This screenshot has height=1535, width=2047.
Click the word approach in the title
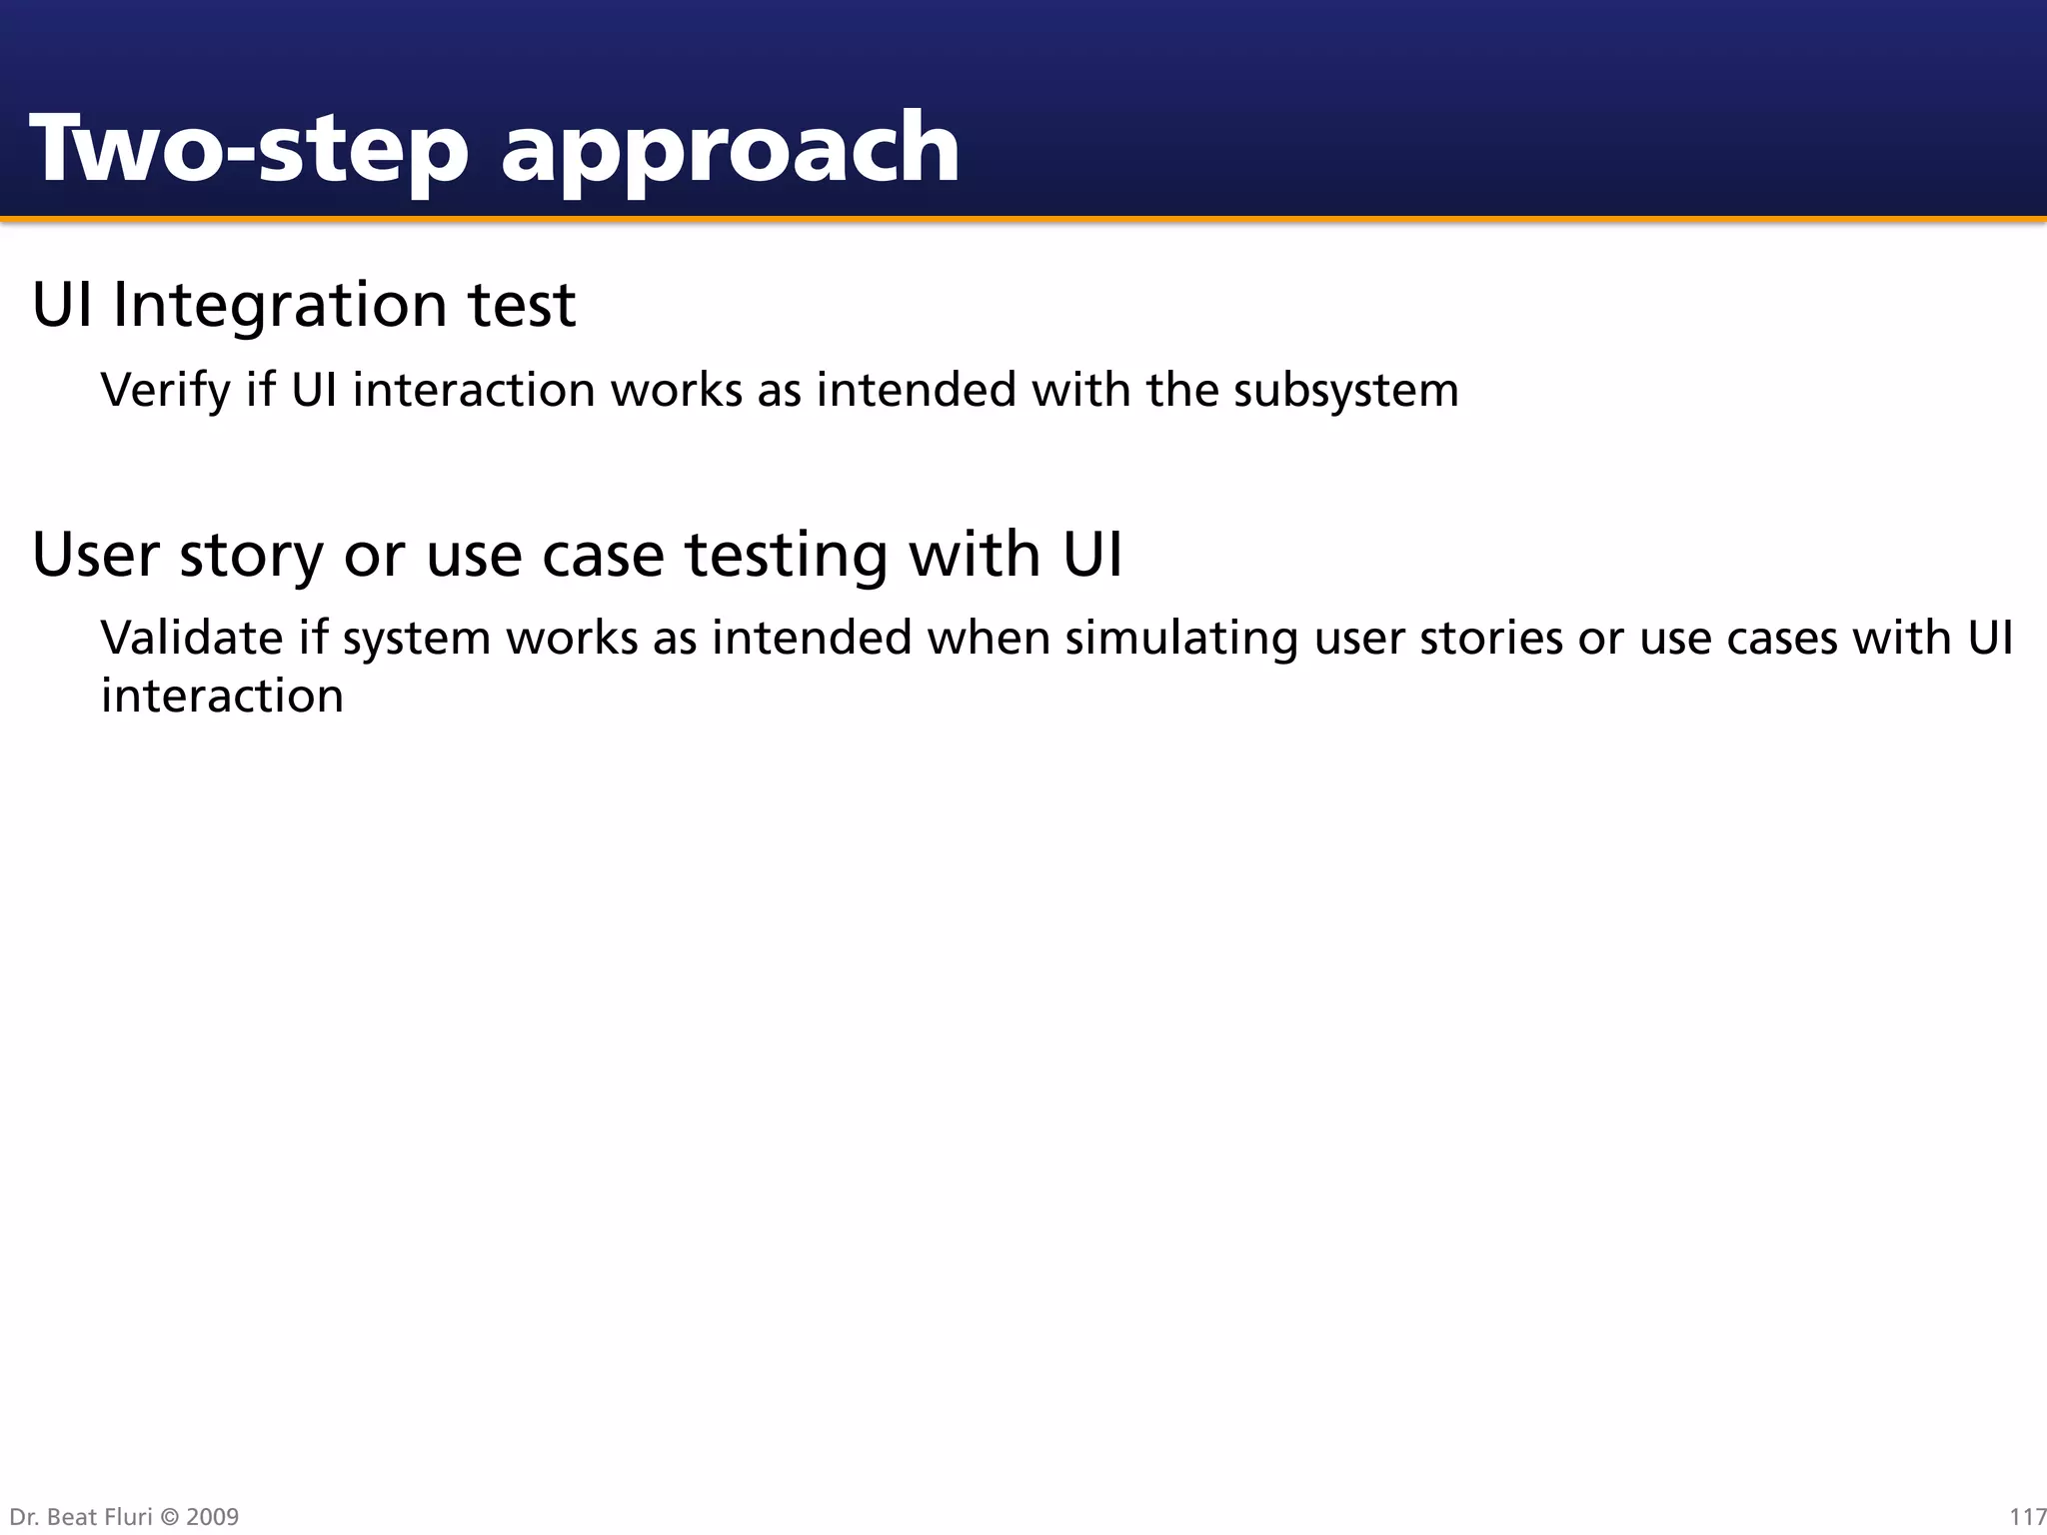(730, 150)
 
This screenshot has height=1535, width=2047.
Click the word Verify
(165, 390)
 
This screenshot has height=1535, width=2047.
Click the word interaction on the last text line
(222, 696)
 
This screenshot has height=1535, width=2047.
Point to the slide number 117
(2027, 1517)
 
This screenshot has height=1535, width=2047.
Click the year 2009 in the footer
(213, 1517)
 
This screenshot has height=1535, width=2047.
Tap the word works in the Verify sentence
(676, 390)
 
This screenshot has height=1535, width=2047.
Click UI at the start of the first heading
(63, 305)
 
